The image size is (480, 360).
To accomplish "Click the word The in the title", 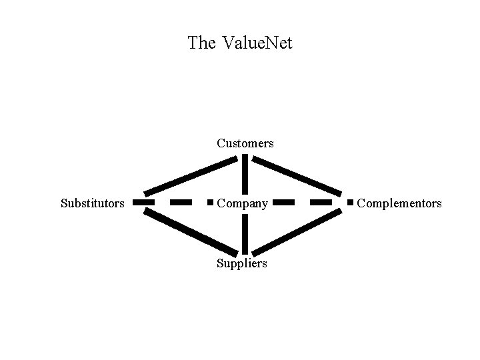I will pyautogui.click(x=201, y=43).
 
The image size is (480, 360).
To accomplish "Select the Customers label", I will pyautogui.click(x=245, y=143).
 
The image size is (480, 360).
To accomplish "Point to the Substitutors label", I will pyautogui.click(x=92, y=203).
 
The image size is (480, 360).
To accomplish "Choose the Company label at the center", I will pyautogui.click(x=243, y=203).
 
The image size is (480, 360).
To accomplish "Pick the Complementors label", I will pyautogui.click(x=399, y=203).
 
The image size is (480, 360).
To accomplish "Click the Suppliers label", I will pyautogui.click(x=241, y=263).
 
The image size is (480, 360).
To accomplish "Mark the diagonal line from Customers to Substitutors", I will pyautogui.click(x=190, y=175).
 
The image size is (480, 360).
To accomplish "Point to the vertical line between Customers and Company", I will pyautogui.click(x=245, y=175).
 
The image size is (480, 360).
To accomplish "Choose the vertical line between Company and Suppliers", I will pyautogui.click(x=245, y=233).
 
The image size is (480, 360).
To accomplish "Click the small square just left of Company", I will pyautogui.click(x=210, y=201).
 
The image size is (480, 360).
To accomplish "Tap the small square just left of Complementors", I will pyautogui.click(x=350, y=201).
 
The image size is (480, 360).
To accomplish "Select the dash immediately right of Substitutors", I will pyautogui.click(x=143, y=201).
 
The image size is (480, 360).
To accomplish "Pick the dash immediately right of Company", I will pyautogui.click(x=284, y=201).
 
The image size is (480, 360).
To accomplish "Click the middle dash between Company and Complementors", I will pyautogui.click(x=321, y=201).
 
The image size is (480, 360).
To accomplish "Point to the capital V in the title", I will pyautogui.click(x=227, y=43).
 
